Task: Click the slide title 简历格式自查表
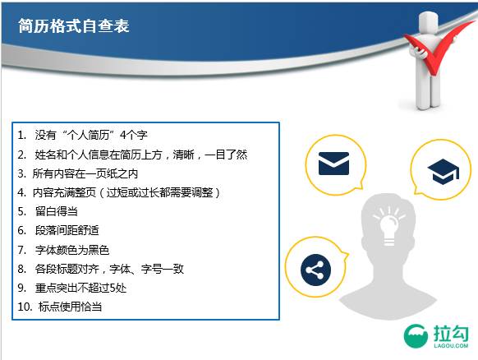[x=73, y=25]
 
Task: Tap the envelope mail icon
[x=333, y=164]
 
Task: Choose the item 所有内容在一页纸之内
[x=85, y=173]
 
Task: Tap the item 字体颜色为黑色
[x=73, y=249]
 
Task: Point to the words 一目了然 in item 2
[x=226, y=155]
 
